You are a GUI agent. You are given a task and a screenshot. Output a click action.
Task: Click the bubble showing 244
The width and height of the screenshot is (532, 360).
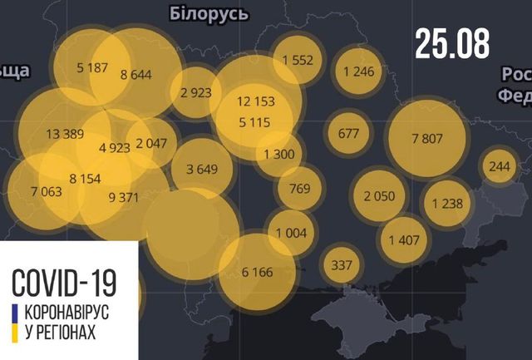(x=500, y=166)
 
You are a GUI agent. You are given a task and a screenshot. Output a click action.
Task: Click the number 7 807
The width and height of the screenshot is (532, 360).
(x=427, y=137)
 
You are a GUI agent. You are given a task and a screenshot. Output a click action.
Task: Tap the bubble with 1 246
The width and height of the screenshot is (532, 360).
(x=359, y=71)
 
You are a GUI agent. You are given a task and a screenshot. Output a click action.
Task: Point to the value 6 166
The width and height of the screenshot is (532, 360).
(x=257, y=271)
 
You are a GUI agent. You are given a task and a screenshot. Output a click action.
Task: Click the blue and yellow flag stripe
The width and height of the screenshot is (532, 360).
(x=14, y=323)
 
